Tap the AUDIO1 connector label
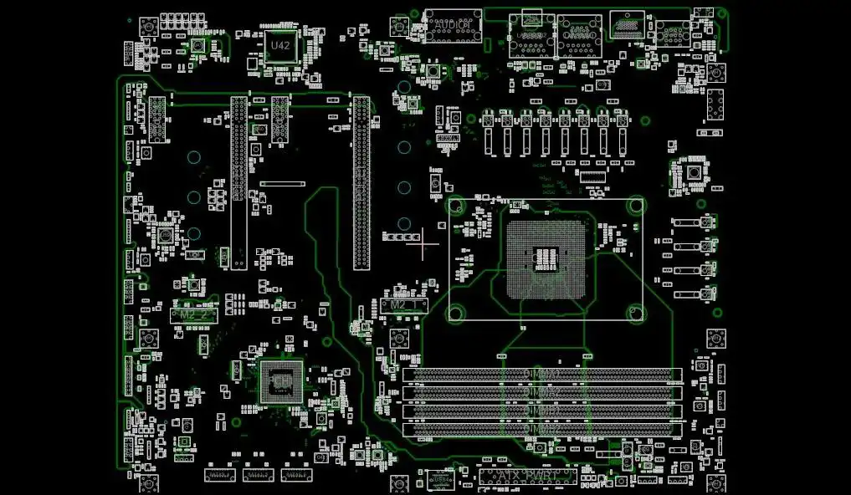click(x=453, y=26)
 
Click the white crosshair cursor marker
click(x=423, y=243)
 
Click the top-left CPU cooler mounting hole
click(x=456, y=205)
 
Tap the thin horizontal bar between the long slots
click(x=282, y=183)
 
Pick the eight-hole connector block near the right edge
click(x=715, y=105)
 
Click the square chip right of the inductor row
click(x=694, y=172)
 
